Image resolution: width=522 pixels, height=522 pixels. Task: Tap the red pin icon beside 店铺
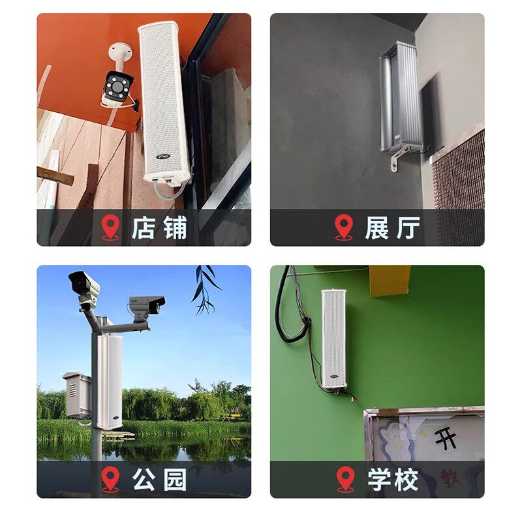point(111,227)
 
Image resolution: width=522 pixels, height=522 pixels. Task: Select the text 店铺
point(159,228)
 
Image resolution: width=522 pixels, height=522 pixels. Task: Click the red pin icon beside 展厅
point(344,227)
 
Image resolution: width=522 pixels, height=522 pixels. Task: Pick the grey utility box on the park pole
point(76,395)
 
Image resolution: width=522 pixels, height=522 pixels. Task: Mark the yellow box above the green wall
point(390,281)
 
